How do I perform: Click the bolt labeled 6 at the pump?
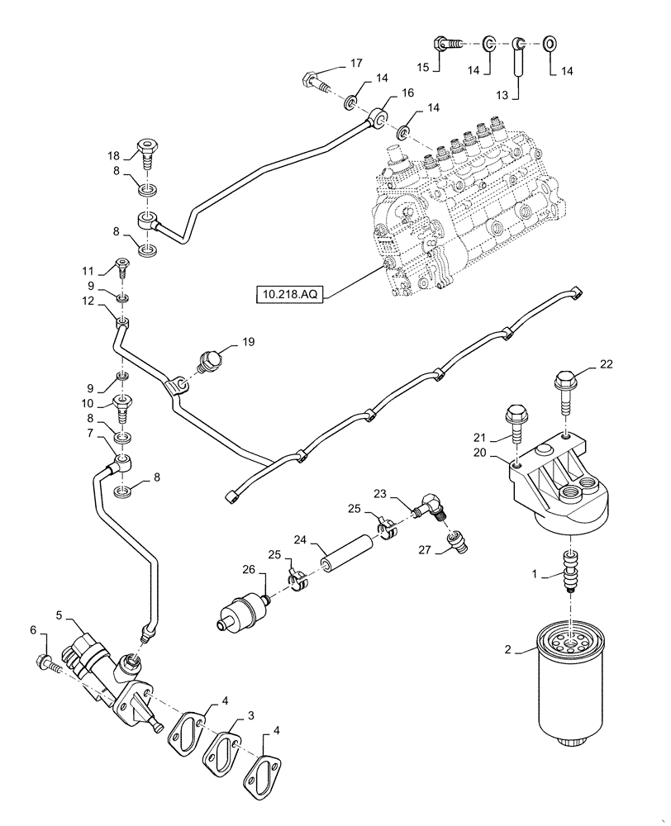(45, 661)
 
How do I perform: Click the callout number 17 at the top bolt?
(332, 63)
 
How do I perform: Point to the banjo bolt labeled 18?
(145, 153)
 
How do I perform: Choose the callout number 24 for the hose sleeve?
(300, 540)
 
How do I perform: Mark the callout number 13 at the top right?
(502, 95)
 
